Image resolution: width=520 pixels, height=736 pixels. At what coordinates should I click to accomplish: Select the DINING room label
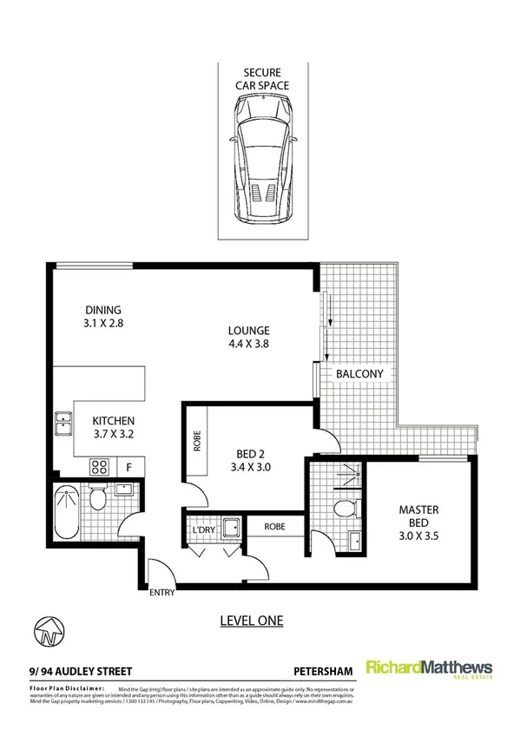(x=102, y=317)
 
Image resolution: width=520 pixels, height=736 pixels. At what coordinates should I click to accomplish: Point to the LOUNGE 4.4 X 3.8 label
(x=249, y=337)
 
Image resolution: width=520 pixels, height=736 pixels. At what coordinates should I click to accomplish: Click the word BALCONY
(x=359, y=373)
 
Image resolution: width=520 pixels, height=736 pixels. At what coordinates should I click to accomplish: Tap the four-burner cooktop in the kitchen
(x=99, y=467)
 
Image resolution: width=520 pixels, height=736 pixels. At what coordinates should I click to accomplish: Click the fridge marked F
(x=129, y=467)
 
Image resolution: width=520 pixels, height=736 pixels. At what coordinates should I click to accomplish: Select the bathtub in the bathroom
(x=66, y=512)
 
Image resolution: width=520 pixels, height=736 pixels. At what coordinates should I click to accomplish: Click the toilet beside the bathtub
(x=98, y=498)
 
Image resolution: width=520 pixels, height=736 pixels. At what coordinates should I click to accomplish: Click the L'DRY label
(x=201, y=526)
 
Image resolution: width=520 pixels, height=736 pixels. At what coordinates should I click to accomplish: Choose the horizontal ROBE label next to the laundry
(x=274, y=526)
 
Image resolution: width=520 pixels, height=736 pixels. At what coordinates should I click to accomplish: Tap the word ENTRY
(x=162, y=594)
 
